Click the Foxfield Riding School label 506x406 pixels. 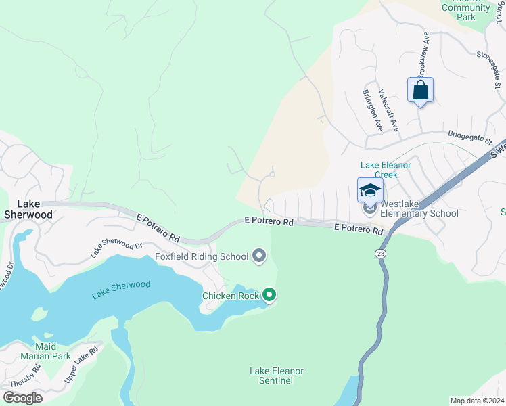click(201, 256)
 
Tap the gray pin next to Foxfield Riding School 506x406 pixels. click(259, 256)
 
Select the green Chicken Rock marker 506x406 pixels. click(269, 294)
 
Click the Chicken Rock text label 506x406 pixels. click(230, 296)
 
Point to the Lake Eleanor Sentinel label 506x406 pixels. click(277, 376)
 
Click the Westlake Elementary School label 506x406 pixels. click(419, 209)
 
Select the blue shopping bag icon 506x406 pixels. click(420, 90)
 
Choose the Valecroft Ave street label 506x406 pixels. click(389, 110)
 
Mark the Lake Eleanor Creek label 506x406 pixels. click(386, 169)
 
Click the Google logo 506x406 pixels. click(22, 397)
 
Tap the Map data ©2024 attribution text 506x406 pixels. click(476, 401)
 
